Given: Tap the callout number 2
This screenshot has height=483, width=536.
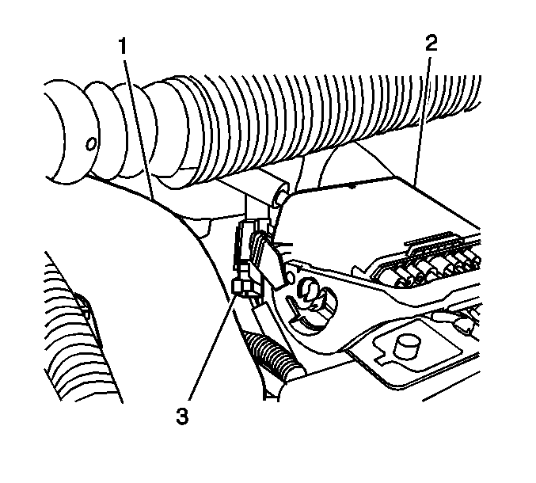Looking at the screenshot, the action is click(431, 44).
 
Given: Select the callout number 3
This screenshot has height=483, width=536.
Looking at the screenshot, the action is click(182, 416).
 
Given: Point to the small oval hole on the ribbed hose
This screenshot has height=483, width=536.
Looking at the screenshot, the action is click(90, 144).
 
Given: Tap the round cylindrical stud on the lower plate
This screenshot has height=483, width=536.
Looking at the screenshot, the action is click(408, 346).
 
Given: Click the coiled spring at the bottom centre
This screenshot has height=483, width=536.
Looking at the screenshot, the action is click(273, 356).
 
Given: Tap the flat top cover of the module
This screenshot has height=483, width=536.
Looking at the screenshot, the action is click(373, 219).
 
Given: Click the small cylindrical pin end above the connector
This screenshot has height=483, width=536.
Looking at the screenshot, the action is click(281, 196).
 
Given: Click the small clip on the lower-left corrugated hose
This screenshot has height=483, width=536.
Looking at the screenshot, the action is click(84, 305).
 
